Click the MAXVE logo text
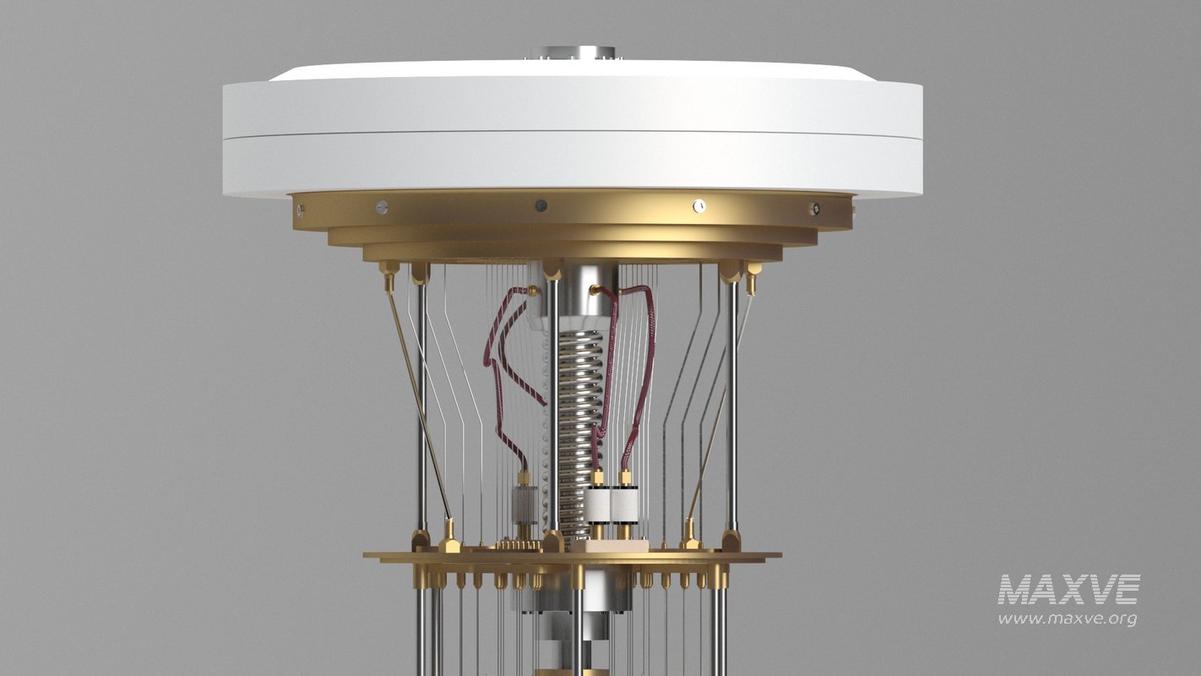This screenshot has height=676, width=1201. click(1068, 590)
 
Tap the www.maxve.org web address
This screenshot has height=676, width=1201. click(1067, 619)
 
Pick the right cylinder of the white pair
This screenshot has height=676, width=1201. click(625, 505)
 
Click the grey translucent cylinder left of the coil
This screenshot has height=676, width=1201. click(524, 504)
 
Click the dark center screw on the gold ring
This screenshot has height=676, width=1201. click(541, 205)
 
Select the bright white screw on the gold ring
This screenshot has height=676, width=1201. click(698, 205)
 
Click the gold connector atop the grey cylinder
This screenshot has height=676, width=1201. click(524, 478)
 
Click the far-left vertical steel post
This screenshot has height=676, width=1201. click(421, 406)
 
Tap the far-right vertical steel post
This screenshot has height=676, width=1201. click(732, 406)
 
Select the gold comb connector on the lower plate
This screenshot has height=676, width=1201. click(519, 545)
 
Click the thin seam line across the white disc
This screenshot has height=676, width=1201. click(573, 130)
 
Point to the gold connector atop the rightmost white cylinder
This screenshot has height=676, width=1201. click(625, 478)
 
